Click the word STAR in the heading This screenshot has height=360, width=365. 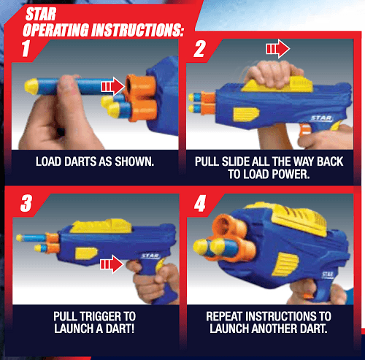[x=41, y=14]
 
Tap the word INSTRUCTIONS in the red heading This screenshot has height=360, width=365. [x=137, y=30]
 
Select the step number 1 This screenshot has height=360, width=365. [x=26, y=49]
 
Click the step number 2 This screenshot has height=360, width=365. [x=200, y=49]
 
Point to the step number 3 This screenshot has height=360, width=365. [x=26, y=203]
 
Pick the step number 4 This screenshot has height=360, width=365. [x=200, y=204]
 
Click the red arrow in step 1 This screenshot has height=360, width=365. [x=113, y=86]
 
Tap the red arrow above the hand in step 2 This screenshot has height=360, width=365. [x=278, y=49]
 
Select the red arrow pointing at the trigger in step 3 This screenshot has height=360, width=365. [x=112, y=264]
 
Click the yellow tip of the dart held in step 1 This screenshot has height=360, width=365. [x=31, y=86]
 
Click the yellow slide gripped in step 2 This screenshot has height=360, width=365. [x=277, y=85]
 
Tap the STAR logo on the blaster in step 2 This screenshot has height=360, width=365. [x=321, y=118]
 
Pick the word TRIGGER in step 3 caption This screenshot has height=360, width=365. [x=101, y=316]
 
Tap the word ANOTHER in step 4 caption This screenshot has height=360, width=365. [x=274, y=329]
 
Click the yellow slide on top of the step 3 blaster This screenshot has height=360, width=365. [x=101, y=226]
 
